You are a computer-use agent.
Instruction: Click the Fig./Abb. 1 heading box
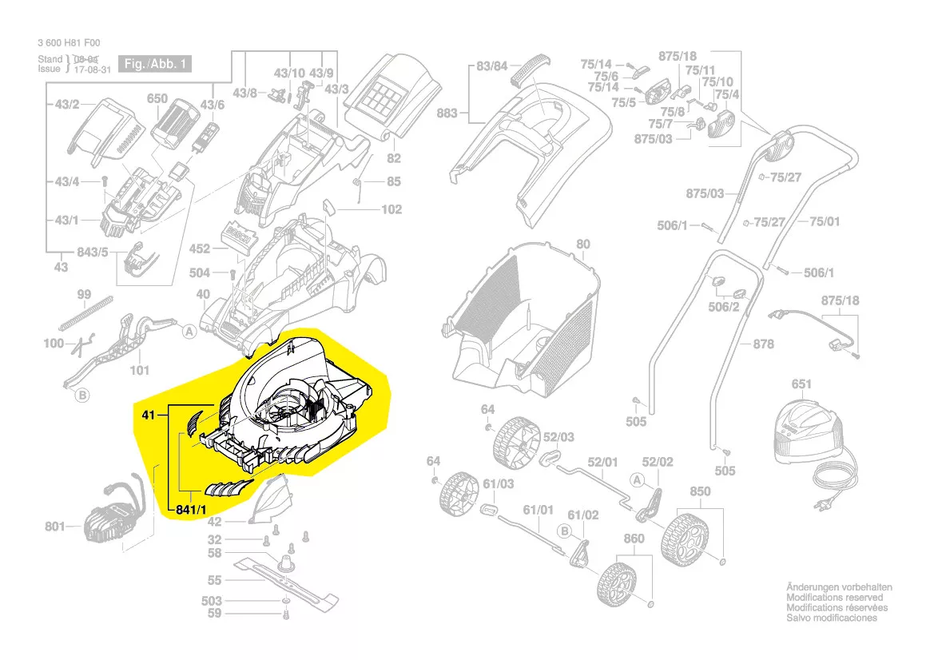[x=156, y=63]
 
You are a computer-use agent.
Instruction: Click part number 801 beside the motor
[x=54, y=527]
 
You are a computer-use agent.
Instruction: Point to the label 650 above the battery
[x=157, y=99]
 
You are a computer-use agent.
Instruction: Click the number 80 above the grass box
[x=582, y=244]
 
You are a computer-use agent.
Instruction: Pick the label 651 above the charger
[x=801, y=384]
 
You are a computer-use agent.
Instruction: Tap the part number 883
[x=447, y=113]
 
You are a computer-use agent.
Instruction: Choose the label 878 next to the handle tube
[x=764, y=344]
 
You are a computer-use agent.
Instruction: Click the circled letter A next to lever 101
[x=189, y=331]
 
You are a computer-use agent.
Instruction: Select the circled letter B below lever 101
[x=81, y=394]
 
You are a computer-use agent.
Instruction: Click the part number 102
[x=391, y=210]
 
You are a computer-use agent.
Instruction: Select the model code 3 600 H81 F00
[x=69, y=44]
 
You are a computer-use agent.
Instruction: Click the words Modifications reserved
[x=835, y=598]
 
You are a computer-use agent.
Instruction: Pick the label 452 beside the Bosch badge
[x=200, y=249]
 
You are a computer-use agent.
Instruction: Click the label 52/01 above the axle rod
[x=603, y=462]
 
